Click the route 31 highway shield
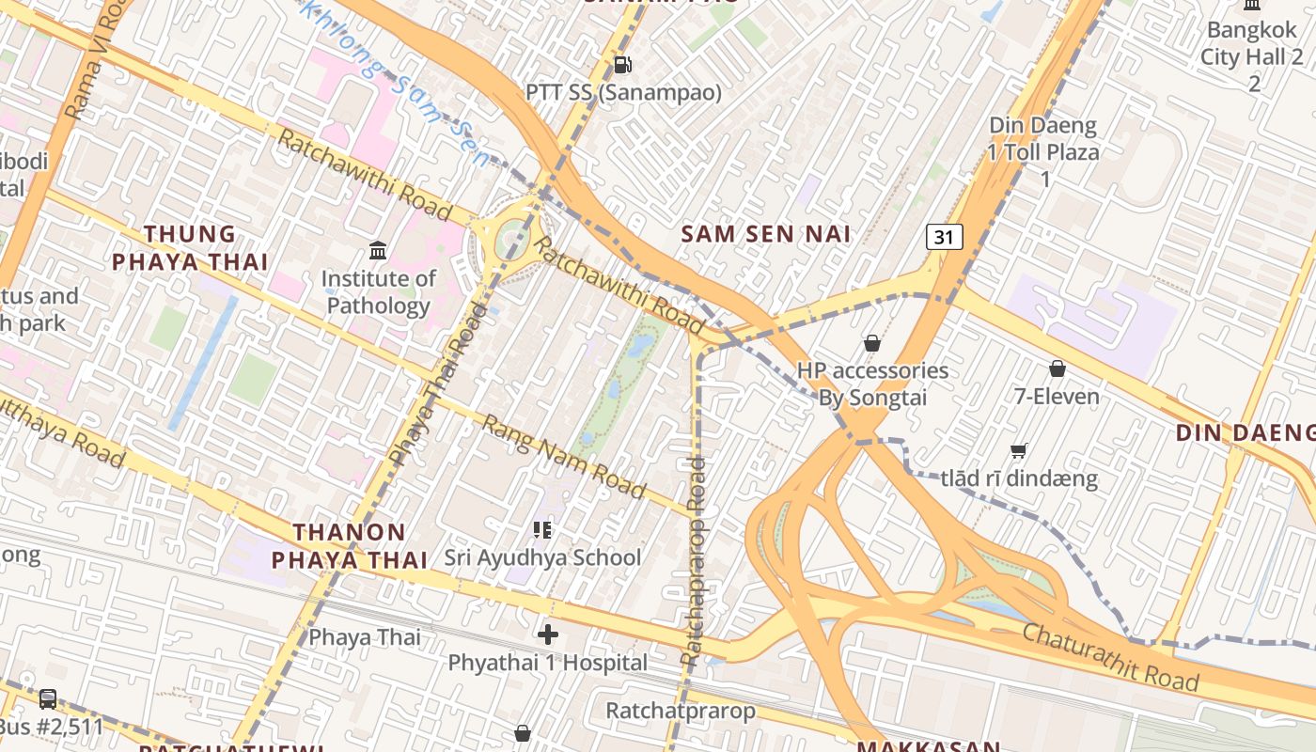tap(944, 237)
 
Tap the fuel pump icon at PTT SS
tap(621, 65)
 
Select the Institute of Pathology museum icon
tap(378, 250)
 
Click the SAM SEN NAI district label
tap(765, 234)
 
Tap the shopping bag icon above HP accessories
tap(871, 343)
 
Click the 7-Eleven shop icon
tap(1057, 368)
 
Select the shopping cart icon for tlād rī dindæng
tap(1018, 450)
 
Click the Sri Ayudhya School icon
tap(542, 530)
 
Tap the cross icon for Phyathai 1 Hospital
tap(547, 635)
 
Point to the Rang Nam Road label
tap(564, 457)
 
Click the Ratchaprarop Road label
tap(695, 561)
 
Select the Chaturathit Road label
tap(1111, 657)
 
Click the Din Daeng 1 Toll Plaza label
tap(1043, 151)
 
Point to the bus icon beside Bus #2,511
tap(47, 699)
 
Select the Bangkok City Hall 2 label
tap(1252, 56)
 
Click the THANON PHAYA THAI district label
tap(350, 546)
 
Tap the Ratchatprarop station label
tap(680, 711)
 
